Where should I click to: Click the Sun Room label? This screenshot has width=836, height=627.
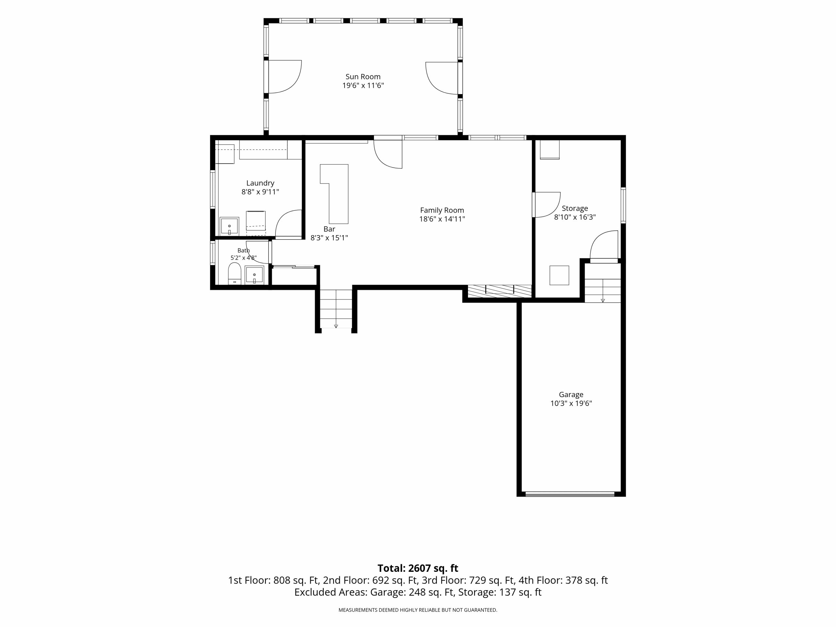363,77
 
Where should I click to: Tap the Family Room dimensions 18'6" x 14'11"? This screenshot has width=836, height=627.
442,219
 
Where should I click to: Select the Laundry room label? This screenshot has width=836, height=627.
260,183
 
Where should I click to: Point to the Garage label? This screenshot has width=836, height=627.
571,394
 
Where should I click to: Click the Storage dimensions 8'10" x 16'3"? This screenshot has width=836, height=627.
575,217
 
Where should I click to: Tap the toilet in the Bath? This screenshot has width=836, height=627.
234,273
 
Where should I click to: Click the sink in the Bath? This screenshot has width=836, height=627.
254,275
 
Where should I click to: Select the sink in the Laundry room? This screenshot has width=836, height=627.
229,226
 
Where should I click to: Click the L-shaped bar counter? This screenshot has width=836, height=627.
338,194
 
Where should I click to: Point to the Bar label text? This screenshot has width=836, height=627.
329,229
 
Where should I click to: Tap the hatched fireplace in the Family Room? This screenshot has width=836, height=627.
500,291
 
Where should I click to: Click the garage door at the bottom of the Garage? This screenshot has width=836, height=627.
570,493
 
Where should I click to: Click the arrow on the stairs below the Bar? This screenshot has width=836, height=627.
336,326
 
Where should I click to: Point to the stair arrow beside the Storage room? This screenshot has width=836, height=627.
603,300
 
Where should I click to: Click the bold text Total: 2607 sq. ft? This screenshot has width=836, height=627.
418,568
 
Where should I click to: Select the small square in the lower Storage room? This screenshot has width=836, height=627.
559,275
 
